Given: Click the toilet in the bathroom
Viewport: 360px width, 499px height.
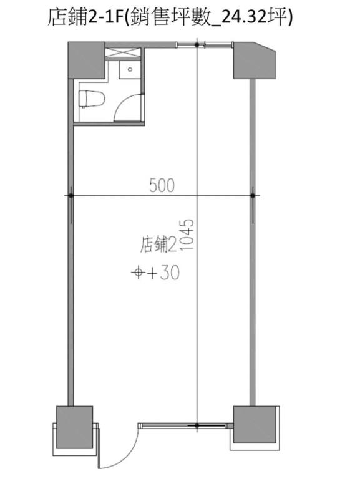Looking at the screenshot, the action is [x=92, y=99].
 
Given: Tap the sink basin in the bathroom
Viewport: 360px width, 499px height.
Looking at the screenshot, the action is [x=130, y=70].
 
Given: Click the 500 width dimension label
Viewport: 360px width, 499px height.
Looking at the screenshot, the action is [x=162, y=185].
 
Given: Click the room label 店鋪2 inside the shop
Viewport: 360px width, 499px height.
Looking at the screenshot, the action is [x=158, y=245].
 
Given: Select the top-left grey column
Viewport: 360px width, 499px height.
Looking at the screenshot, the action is [x=87, y=60].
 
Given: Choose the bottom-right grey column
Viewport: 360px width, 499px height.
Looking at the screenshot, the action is [x=255, y=425].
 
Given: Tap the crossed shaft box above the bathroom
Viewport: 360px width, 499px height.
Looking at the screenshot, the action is [x=123, y=53].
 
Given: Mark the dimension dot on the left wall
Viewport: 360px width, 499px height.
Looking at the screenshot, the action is [x=71, y=195].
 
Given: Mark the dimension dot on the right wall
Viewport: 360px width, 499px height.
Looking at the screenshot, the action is [x=253, y=195].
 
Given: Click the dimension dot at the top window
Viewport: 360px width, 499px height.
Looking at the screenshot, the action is [x=197, y=45].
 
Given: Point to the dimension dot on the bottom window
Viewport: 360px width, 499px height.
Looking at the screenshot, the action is [x=197, y=425].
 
